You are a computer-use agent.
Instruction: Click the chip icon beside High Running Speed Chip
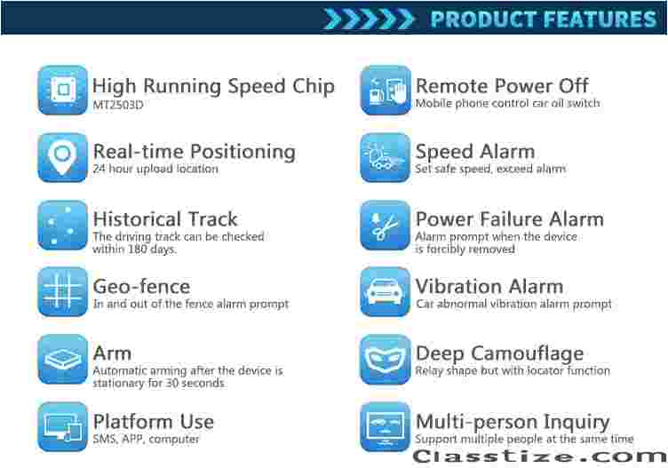(62, 90)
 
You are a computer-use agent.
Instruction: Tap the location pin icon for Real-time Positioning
(62, 157)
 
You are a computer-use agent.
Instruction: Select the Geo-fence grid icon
(62, 292)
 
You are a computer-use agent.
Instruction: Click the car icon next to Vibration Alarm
(386, 292)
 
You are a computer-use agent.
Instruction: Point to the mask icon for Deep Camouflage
(386, 360)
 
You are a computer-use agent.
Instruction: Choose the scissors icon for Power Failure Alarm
(386, 225)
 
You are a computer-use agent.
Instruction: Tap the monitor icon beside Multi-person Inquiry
(386, 426)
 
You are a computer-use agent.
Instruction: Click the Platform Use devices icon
(62, 426)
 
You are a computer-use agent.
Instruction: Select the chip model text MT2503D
(118, 105)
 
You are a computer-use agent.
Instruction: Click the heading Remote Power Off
(502, 85)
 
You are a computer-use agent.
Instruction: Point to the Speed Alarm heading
(475, 152)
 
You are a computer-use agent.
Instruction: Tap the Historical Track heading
(165, 218)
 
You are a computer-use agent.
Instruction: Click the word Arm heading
(112, 353)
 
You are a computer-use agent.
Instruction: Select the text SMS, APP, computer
(146, 439)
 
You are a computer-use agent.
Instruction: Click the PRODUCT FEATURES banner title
(544, 20)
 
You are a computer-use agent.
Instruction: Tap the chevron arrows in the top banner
(369, 20)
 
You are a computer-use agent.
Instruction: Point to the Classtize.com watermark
(540, 456)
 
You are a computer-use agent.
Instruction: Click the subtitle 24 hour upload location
(155, 169)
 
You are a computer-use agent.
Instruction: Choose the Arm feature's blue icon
(62, 360)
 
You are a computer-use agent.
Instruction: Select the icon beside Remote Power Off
(386, 90)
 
